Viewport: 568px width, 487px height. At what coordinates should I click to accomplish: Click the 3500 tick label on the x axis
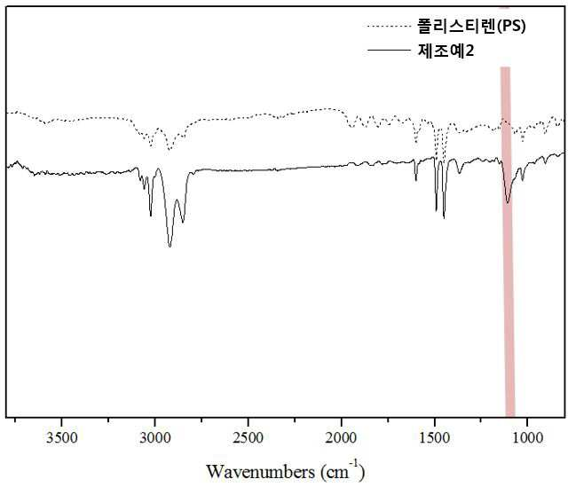tap(62, 437)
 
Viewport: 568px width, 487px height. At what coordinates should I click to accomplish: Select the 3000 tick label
tap(155, 437)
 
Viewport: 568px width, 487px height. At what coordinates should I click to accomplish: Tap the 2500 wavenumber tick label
tap(248, 437)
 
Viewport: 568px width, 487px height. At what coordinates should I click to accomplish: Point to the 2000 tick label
tap(341, 437)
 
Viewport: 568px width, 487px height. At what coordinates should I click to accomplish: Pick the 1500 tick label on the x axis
tap(434, 437)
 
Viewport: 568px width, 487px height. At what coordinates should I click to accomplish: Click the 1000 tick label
tap(527, 437)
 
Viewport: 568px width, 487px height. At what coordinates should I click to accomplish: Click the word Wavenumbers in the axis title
tap(260, 472)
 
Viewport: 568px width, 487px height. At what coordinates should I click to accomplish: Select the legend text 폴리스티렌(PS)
tap(471, 26)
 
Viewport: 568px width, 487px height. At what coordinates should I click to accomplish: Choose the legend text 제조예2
tap(446, 51)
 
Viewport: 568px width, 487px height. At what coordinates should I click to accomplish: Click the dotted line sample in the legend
tap(389, 26)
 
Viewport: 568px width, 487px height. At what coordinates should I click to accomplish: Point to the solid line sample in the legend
tap(389, 50)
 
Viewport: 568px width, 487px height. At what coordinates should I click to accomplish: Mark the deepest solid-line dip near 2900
tap(170, 247)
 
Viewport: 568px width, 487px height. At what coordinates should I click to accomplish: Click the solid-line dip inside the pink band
tap(508, 202)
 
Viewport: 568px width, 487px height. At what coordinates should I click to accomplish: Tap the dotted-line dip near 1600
tap(416, 142)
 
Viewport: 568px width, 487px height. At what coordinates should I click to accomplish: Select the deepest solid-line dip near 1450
tap(444, 217)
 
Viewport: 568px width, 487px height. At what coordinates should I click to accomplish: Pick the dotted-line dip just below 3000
tap(170, 149)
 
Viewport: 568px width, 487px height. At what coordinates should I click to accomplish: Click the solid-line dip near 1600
tap(416, 180)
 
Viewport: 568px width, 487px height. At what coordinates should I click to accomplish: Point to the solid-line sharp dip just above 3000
tap(151, 216)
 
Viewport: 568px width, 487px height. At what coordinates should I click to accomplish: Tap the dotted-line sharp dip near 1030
tap(523, 140)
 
